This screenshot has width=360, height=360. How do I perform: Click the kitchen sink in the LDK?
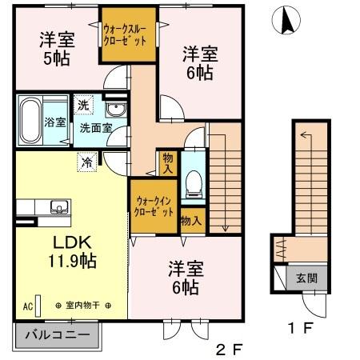[58, 207]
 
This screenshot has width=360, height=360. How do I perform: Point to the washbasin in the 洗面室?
[114, 110]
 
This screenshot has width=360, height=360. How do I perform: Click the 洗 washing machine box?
[84, 104]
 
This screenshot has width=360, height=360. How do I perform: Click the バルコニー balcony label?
[55, 334]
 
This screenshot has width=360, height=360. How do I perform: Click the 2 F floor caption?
[228, 350]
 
